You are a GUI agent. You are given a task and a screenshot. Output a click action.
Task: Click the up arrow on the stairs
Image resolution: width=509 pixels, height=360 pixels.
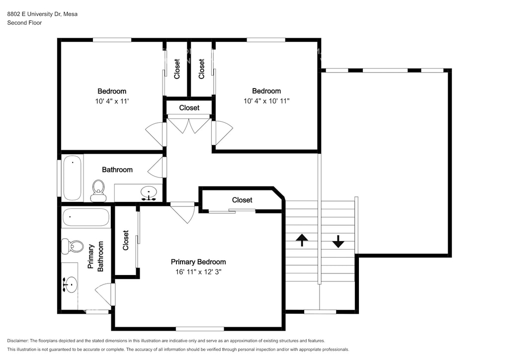[x=302, y=240]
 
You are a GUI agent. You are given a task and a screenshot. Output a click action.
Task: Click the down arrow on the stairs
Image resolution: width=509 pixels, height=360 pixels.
[x=338, y=242]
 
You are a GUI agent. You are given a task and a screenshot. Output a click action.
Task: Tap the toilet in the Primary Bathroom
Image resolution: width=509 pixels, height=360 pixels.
[x=73, y=247]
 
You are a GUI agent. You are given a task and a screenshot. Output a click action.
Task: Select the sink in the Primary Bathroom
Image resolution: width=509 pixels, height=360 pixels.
[x=70, y=285]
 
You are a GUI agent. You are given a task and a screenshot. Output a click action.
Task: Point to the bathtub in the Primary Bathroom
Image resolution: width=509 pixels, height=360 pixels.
[x=85, y=217]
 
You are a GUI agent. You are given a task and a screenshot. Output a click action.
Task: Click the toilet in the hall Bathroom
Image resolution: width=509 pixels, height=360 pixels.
[x=98, y=191]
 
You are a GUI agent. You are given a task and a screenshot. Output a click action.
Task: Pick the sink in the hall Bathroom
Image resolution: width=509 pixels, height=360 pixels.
[x=149, y=193]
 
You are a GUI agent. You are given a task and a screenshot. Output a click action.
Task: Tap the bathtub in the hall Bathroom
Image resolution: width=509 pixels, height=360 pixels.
[x=72, y=178]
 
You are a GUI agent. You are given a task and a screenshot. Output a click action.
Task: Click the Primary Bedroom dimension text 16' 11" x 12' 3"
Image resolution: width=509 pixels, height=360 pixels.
[x=198, y=271]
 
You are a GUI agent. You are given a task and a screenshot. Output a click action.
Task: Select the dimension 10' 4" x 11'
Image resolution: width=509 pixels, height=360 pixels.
[x=112, y=101]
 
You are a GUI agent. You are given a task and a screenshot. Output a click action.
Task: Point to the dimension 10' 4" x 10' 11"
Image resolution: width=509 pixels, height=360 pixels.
[x=266, y=100]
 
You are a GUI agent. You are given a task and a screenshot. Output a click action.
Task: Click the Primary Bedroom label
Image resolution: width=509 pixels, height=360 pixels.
[x=198, y=262]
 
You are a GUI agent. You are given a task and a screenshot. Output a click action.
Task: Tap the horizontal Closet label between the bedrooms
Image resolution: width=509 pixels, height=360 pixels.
[x=189, y=107]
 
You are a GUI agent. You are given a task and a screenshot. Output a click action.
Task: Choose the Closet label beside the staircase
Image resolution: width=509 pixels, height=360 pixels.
[x=242, y=200]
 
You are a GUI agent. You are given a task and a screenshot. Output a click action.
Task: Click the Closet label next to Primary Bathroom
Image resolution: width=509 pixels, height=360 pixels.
[x=126, y=240]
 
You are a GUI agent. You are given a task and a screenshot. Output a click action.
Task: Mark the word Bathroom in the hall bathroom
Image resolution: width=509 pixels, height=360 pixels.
[x=117, y=170]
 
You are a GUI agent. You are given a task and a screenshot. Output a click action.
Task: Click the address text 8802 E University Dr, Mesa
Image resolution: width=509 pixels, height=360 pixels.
[x=42, y=14]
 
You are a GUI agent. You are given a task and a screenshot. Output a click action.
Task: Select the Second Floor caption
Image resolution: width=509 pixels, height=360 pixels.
[x=24, y=23]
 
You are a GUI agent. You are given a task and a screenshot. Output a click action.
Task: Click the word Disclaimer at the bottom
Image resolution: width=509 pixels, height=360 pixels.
[x=17, y=341]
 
